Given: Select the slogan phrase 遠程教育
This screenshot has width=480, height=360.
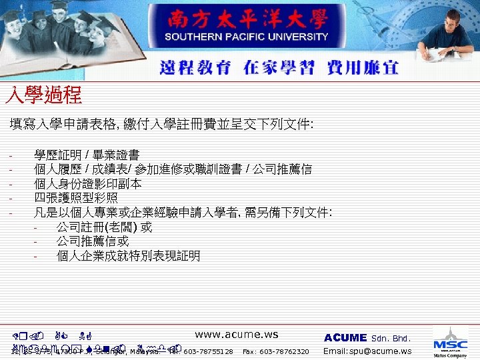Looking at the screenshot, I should [x=195, y=68].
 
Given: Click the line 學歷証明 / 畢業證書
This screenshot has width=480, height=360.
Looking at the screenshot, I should [x=87, y=155].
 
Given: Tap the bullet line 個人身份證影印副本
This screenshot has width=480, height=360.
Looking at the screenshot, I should [x=87, y=183].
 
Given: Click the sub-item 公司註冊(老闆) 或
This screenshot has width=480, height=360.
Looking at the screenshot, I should [x=104, y=227].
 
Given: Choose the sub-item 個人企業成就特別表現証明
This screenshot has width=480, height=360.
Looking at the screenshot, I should [x=128, y=256].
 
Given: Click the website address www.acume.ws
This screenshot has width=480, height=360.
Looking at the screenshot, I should [x=237, y=335].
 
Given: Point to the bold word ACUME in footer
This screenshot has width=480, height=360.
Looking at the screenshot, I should [x=345, y=338].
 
